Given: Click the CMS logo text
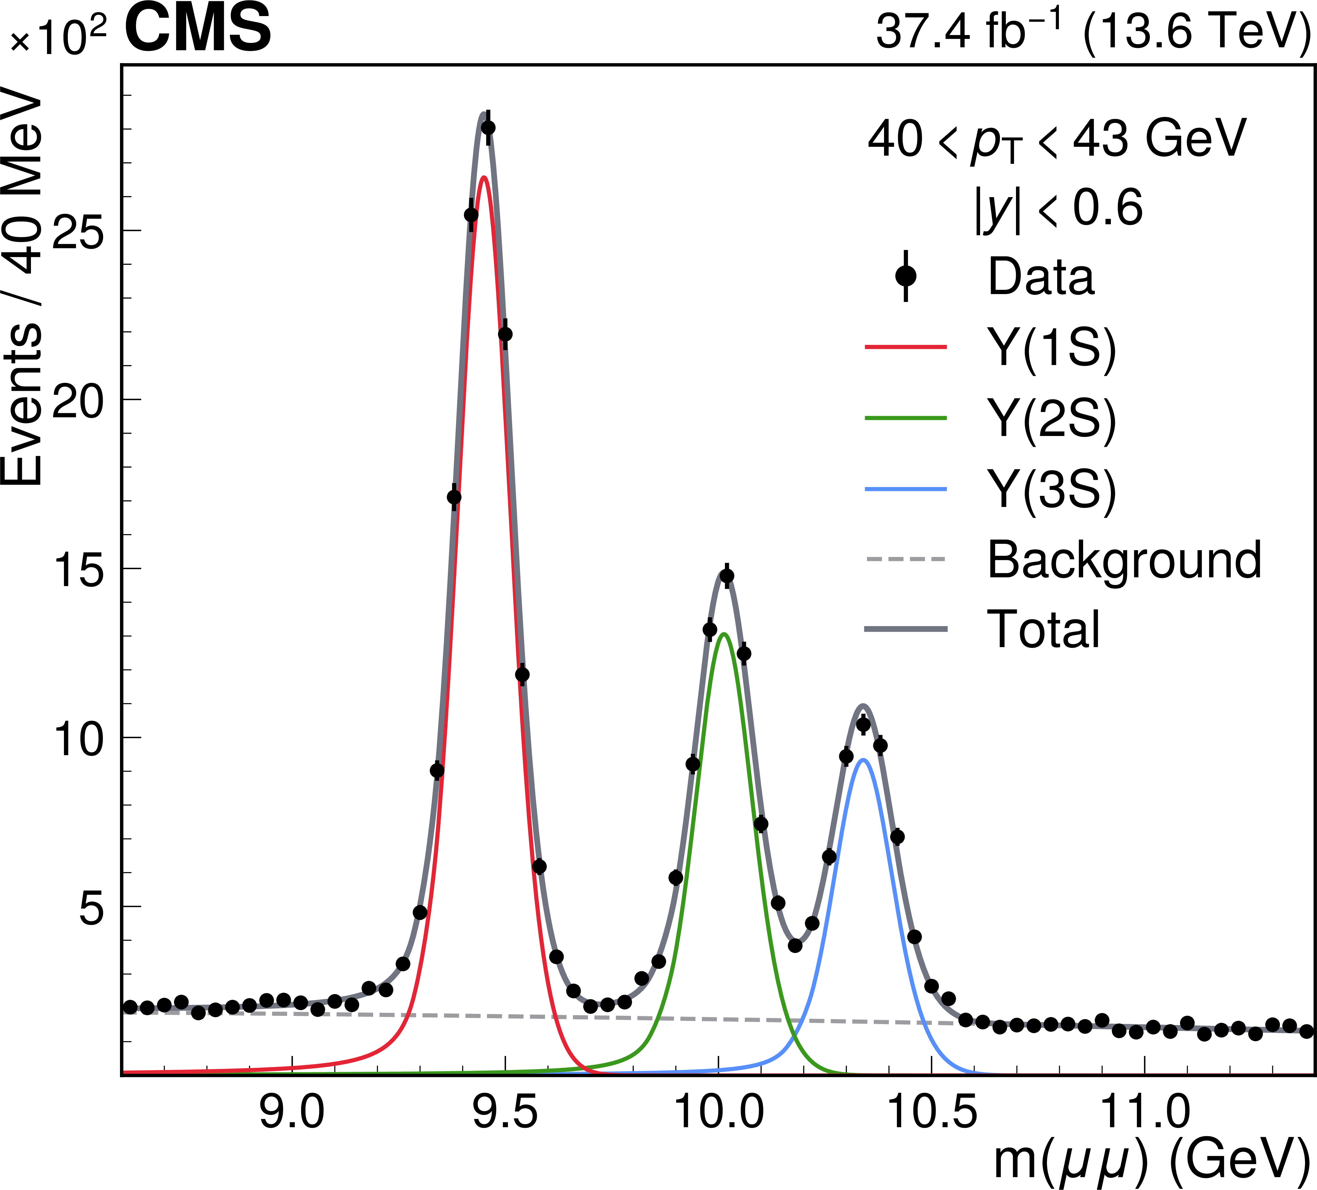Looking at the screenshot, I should (x=197, y=29).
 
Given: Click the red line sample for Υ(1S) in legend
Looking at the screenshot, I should (x=905, y=347).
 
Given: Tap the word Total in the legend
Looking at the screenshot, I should (x=1043, y=629).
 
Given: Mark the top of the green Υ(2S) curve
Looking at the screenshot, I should (x=723, y=634).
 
